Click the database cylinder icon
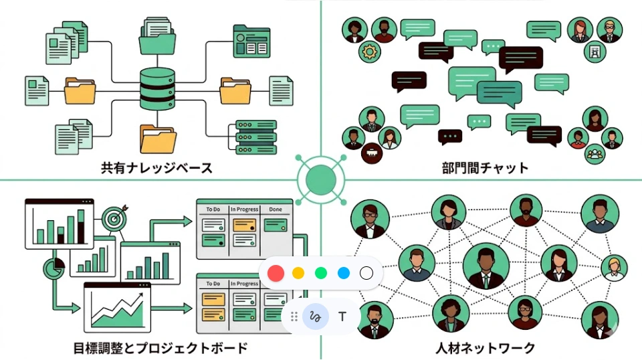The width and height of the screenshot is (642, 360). click(x=157, y=89)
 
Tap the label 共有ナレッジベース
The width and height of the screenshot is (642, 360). click(x=156, y=167)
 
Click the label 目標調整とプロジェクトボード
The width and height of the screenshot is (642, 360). click(x=160, y=348)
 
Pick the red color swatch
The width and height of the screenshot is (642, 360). click(x=276, y=273)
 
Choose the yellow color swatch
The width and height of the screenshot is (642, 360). click(x=298, y=273)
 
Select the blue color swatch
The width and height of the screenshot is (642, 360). click(x=344, y=273)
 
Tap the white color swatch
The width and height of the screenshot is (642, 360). click(x=366, y=273)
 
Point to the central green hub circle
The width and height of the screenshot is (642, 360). click(x=320, y=180)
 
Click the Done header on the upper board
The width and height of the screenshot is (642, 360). click(x=276, y=209)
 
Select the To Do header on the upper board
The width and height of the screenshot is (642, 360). click(x=213, y=209)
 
